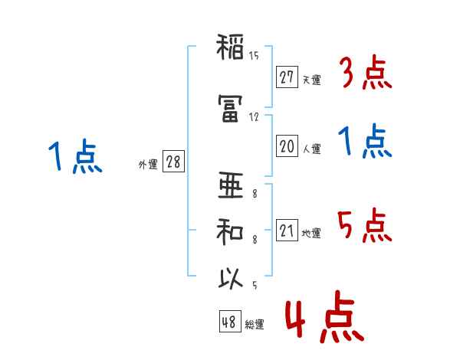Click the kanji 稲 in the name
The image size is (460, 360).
(x=230, y=47)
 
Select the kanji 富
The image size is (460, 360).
(x=230, y=108)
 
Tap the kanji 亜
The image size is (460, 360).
(x=231, y=185)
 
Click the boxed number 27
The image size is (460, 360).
(x=287, y=77)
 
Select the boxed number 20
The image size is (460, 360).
(x=287, y=146)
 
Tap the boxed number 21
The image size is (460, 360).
(x=287, y=230)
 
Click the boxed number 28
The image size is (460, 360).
(x=173, y=161)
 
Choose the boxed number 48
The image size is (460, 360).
(x=230, y=321)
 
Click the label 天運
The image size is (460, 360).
(x=312, y=80)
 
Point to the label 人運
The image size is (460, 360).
(x=312, y=149)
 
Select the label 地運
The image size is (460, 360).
(x=311, y=234)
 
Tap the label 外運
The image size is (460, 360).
(x=148, y=165)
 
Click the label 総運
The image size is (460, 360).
(x=255, y=325)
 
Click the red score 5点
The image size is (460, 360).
(x=365, y=225)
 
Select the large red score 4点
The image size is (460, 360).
(x=325, y=317)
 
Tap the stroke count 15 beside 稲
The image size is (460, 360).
(x=254, y=56)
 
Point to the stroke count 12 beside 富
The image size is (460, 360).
(x=254, y=117)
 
